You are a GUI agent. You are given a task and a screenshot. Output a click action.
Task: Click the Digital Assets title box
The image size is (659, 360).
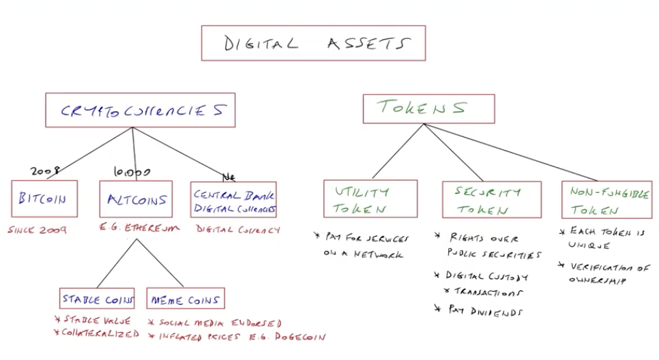313,44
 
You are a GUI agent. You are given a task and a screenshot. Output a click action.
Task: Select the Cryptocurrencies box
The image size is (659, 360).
140,110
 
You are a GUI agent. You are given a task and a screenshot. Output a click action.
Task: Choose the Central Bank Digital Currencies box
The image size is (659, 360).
234,200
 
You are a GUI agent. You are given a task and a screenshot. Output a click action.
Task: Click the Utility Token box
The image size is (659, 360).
370,198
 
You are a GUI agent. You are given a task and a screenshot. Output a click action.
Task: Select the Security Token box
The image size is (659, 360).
491,199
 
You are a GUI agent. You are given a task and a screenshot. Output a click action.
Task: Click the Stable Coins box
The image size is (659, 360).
97,299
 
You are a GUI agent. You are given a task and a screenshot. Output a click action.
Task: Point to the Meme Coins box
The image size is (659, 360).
185,299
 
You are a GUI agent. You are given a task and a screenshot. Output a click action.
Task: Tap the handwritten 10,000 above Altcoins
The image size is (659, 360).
132,172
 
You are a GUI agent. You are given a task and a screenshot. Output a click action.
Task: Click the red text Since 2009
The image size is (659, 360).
38,230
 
